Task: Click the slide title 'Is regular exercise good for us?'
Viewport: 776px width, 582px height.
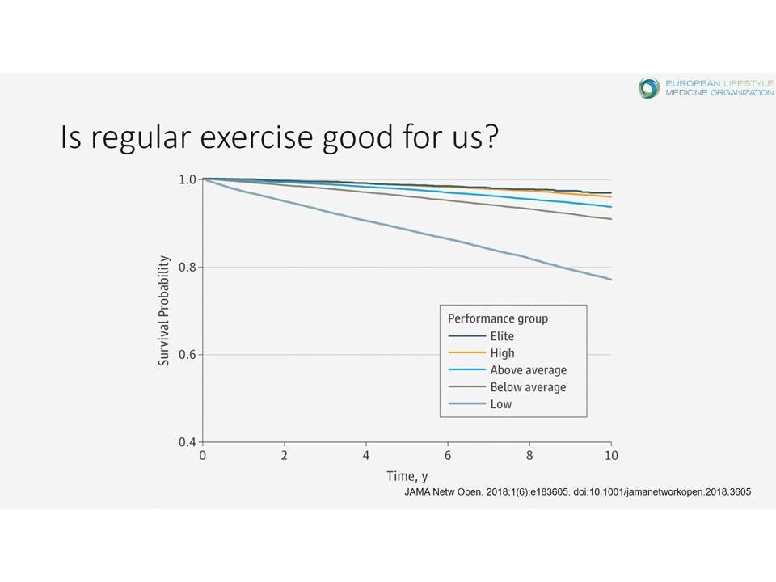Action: (279, 137)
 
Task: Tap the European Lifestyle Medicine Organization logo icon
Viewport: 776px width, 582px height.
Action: (648, 88)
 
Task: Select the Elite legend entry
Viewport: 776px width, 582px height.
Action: (481, 336)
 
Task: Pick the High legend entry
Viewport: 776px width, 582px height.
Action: (481, 353)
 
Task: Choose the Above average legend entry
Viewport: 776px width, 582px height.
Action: (508, 369)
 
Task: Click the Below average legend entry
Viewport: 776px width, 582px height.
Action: (507, 386)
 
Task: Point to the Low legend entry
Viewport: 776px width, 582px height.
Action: (480, 404)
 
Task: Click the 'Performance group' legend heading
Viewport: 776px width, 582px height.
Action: (498, 318)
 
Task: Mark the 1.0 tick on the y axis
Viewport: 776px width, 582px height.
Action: (188, 179)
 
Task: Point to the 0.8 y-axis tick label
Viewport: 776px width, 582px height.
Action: (188, 268)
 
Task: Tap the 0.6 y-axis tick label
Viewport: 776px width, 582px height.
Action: (188, 355)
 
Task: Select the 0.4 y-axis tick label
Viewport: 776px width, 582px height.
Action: (188, 442)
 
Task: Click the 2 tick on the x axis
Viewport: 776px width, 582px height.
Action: (284, 455)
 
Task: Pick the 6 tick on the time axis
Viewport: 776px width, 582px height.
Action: (448, 455)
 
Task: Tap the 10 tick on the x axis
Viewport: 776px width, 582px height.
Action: (611, 455)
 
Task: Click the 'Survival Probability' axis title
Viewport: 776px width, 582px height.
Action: (164, 310)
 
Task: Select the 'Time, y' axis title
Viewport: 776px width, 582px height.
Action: (407, 476)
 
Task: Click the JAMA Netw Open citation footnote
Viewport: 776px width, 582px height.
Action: (577, 492)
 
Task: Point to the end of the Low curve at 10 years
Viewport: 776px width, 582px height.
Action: (612, 280)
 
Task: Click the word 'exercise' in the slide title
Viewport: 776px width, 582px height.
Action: (256, 137)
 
